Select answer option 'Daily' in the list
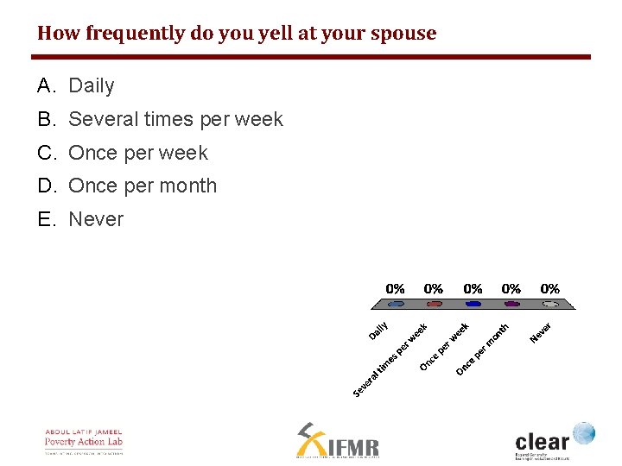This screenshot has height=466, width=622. click(x=91, y=85)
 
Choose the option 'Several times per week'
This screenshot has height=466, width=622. click(x=175, y=119)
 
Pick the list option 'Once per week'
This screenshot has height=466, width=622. click(x=138, y=153)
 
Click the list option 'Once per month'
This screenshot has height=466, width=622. click(x=143, y=186)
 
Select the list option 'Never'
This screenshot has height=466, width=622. click(x=96, y=219)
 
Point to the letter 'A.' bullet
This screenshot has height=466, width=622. click(x=47, y=85)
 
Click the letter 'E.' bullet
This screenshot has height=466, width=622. click(x=47, y=219)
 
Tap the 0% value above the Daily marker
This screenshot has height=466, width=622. click(x=395, y=288)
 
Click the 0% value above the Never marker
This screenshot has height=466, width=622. click(x=549, y=288)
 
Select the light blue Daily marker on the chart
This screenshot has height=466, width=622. click(x=396, y=304)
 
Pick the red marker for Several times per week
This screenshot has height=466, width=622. click(x=435, y=304)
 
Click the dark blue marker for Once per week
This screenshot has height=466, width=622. click(x=473, y=304)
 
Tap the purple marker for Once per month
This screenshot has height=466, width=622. click(x=511, y=304)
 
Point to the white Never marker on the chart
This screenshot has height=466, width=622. click(x=549, y=304)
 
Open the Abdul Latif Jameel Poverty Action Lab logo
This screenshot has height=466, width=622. click(x=84, y=440)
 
